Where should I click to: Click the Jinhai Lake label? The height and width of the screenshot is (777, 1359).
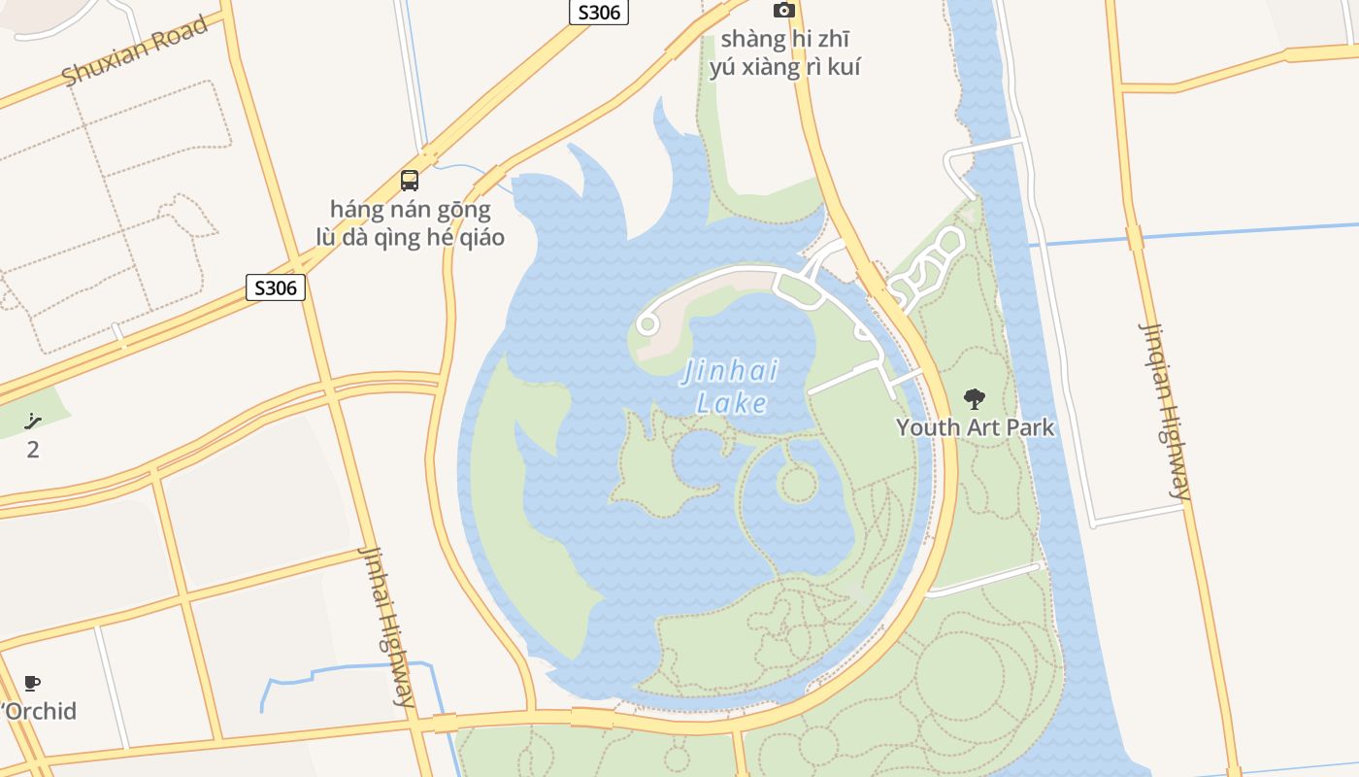click(731, 386)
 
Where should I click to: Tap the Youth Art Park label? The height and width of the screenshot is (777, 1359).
click(975, 427)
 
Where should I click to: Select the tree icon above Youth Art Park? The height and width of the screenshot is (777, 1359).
click(974, 398)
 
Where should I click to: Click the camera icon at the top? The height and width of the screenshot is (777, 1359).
click(783, 11)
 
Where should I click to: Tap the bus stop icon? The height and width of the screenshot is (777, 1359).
click(410, 181)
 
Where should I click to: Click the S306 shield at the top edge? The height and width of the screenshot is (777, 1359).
click(598, 13)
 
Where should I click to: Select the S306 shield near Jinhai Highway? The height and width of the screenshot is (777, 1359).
click(276, 287)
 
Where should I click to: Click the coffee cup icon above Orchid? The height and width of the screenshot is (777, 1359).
click(32, 683)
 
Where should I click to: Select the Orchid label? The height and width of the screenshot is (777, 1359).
click(40, 711)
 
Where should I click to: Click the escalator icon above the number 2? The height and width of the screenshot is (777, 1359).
click(33, 422)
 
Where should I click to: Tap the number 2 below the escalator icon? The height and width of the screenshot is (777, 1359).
click(33, 450)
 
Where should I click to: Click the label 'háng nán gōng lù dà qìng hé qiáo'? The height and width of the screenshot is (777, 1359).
click(410, 223)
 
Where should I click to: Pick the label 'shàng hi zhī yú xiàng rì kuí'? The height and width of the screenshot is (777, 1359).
click(784, 53)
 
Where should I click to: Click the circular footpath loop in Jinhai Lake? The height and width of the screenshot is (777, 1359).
click(797, 483)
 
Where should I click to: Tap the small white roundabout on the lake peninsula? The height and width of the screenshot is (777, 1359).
click(647, 323)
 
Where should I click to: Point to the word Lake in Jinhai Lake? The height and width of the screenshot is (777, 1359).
click(732, 403)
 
